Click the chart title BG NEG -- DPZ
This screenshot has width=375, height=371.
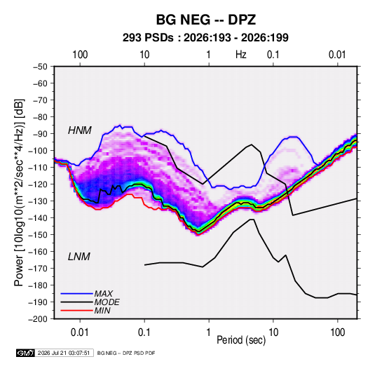click(206, 20)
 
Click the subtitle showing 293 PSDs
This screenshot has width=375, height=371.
click(205, 38)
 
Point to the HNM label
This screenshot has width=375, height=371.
click(80, 130)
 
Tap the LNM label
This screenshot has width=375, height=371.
click(79, 257)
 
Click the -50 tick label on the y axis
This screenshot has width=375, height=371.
click(41, 67)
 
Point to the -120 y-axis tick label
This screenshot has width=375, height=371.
click(39, 184)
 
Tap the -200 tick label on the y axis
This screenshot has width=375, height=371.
click(39, 319)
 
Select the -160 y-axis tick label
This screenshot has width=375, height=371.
click(39, 252)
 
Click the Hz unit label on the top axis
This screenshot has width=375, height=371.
click(241, 55)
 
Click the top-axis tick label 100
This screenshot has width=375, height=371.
click(80, 55)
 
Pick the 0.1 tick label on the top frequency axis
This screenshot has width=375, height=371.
click(273, 55)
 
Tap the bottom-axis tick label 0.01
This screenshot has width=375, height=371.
click(80, 332)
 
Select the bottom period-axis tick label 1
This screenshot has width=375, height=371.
click(209, 332)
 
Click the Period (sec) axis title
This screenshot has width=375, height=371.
click(241, 340)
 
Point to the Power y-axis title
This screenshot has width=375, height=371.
click(20, 193)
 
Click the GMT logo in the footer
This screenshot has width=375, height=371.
click(26, 353)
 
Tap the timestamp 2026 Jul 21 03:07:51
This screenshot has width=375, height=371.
click(64, 353)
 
